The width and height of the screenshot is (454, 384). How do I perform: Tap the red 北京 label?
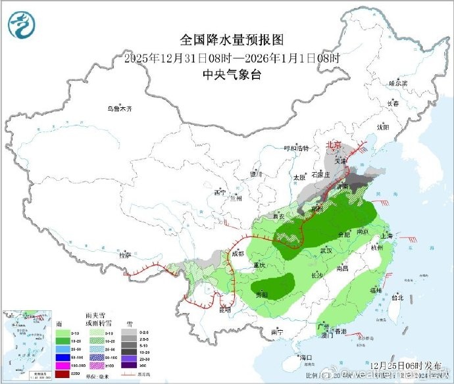point(334,145)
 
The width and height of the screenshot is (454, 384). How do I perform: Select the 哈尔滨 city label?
point(398,84)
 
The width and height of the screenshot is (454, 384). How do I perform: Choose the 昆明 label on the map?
point(226,308)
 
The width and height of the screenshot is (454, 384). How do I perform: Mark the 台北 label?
point(397,297)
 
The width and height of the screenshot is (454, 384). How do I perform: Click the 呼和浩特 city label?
point(295,149)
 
